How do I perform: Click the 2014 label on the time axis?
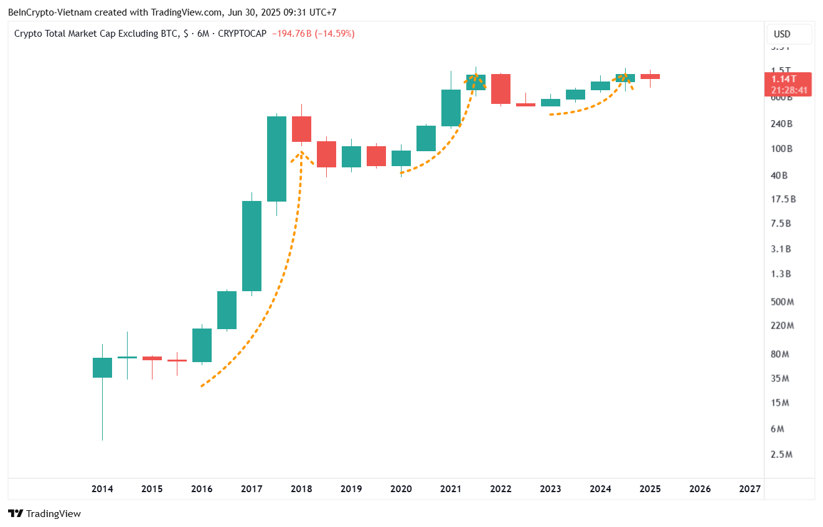click(x=102, y=489)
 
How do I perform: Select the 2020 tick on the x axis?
click(x=401, y=489)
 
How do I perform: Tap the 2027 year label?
click(x=750, y=489)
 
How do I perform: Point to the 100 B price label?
click(x=781, y=149)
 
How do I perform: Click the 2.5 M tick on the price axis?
click(x=781, y=454)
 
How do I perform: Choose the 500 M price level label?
click(x=781, y=302)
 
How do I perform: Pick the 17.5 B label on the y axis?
click(x=783, y=199)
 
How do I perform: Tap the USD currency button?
click(x=782, y=34)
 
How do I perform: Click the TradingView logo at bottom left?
click(x=44, y=514)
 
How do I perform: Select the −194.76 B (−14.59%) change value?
click(x=313, y=34)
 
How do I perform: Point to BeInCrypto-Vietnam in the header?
click(x=46, y=12)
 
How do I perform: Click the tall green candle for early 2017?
click(x=252, y=246)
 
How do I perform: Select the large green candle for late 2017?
click(x=276, y=159)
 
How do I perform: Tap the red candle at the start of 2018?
click(x=301, y=129)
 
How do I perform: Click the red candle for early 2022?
click(x=501, y=89)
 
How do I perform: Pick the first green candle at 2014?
click(x=102, y=367)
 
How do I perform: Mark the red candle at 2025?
click(x=650, y=77)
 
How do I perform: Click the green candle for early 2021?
click(x=451, y=108)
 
